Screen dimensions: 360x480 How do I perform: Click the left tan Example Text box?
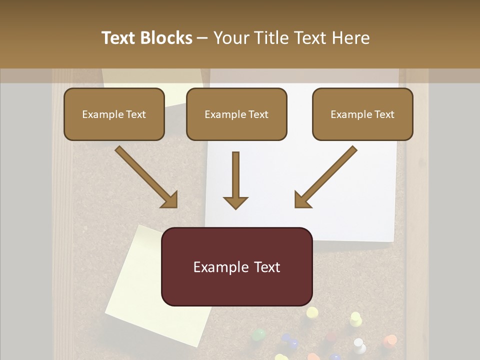coord(114,114)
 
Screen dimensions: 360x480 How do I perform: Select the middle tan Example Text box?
coord(236,114)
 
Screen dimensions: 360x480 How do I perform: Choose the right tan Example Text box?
coord(362,114)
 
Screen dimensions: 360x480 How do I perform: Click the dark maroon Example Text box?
coord(236,266)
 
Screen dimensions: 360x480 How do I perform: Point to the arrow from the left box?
coord(145,176)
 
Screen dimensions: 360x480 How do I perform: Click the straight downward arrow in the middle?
coord(235,180)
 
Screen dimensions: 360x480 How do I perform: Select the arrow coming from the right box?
coord(326,176)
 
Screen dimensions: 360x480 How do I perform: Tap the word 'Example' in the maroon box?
coord(218,267)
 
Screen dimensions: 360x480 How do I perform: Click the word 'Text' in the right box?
coord(384,114)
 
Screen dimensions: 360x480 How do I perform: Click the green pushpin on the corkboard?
coord(258,334)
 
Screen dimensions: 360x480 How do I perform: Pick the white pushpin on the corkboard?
coord(359,344)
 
